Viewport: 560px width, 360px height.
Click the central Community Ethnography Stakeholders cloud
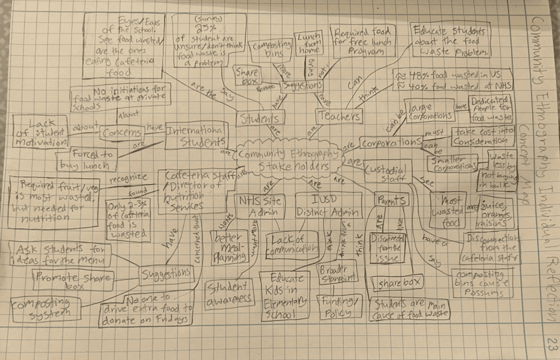[x=288, y=159]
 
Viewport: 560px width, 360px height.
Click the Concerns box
[x=122, y=133]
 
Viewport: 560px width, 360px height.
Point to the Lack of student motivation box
[x=41, y=132]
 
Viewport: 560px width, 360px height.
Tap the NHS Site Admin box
[x=260, y=207]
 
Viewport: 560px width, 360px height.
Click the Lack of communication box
[x=291, y=245]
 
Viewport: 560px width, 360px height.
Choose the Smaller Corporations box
[x=452, y=163]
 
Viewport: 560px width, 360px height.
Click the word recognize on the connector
[x=128, y=178]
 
